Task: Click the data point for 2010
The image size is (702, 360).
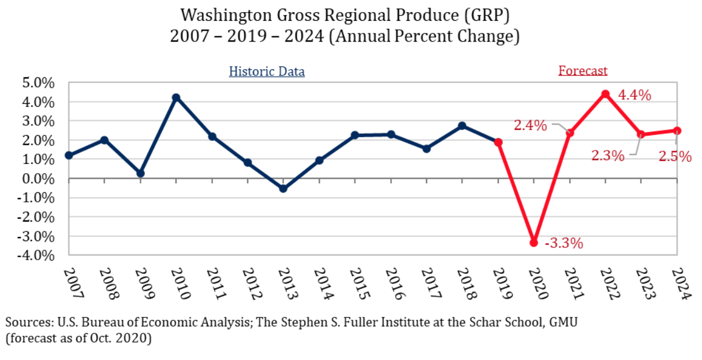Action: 176,97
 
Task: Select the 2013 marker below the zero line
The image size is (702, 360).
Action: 283,189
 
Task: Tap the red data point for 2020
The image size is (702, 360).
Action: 533,243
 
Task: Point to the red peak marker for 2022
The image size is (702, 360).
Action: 605,94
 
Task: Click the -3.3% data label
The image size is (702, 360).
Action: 563,243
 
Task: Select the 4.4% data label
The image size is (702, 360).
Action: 634,95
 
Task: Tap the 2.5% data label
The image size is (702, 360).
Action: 675,156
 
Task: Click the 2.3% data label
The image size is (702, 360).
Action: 607,155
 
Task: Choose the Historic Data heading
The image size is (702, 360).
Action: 267,72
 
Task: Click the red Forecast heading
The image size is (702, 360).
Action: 582,71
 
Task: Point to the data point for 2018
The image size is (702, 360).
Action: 462,126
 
